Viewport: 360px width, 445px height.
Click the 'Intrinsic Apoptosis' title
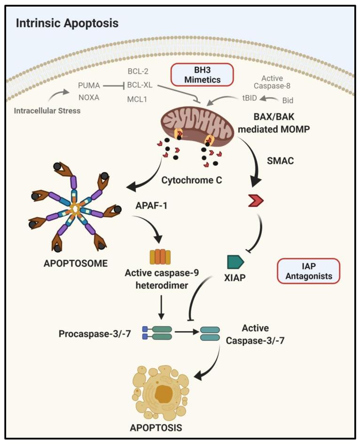[x=67, y=23]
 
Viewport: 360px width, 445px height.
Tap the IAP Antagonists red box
[x=309, y=271]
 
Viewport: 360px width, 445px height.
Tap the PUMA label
[x=90, y=86]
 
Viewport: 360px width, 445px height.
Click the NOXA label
[x=90, y=100]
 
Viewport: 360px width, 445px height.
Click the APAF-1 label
[x=149, y=205]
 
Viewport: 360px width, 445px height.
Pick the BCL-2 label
[x=138, y=71]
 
